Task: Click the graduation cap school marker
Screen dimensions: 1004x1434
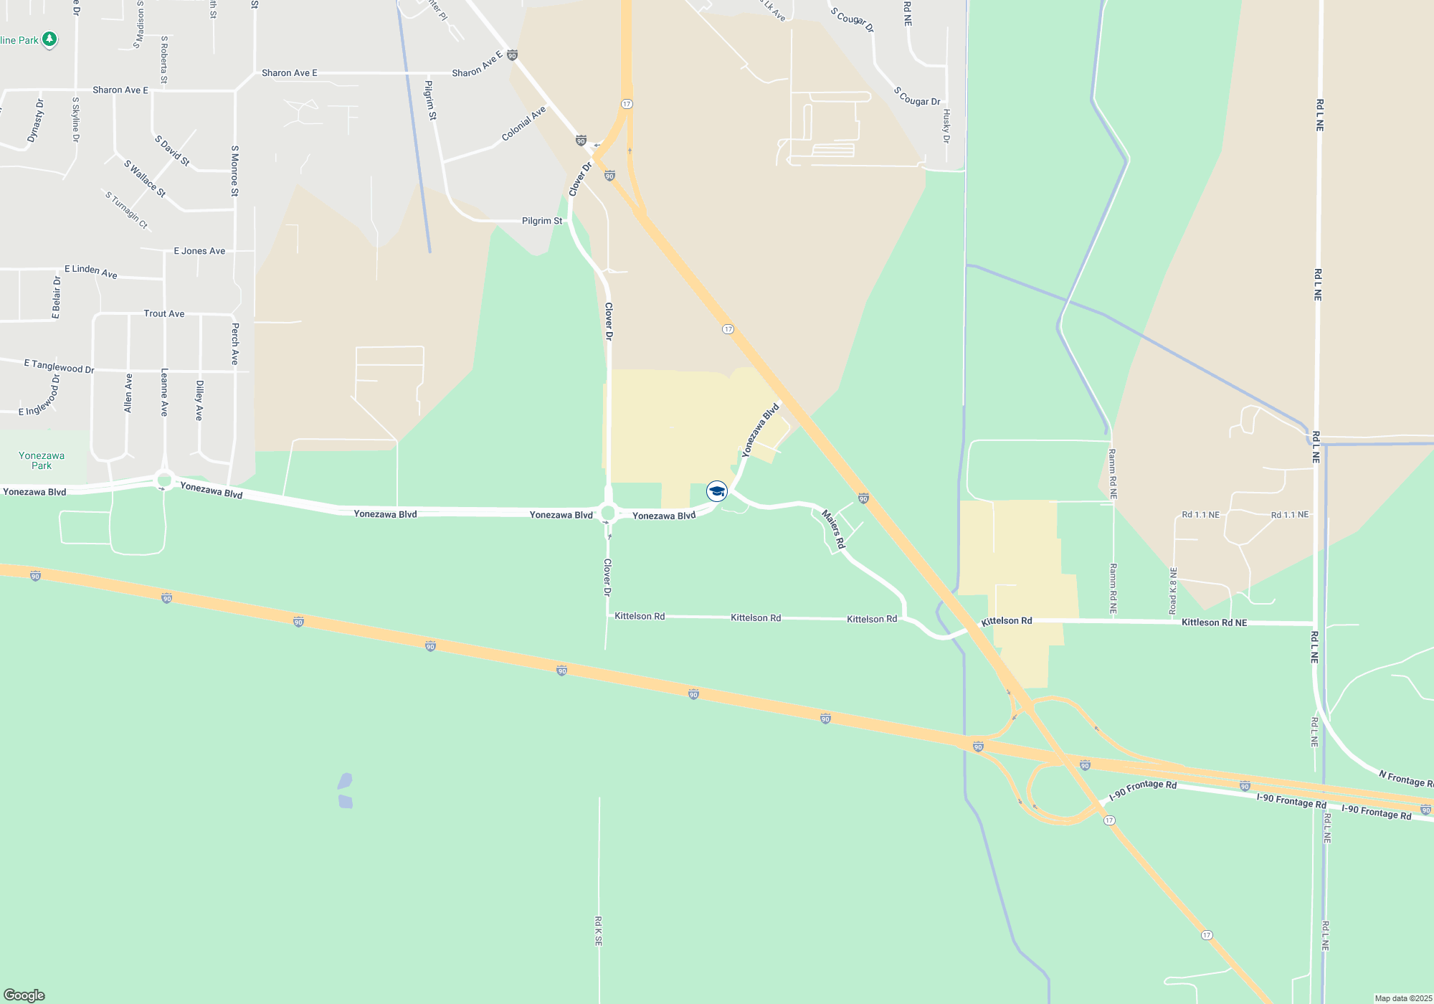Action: click(717, 491)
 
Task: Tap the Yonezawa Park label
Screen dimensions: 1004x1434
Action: click(42, 460)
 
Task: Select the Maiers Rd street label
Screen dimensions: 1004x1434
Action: click(833, 529)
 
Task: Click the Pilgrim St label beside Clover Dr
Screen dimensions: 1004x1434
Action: click(542, 221)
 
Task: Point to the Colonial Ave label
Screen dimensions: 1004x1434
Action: click(523, 123)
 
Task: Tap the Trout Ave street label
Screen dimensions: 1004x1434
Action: click(164, 313)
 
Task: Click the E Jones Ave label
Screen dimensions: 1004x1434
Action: click(199, 251)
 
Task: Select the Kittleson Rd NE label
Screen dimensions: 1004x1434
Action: click(1214, 622)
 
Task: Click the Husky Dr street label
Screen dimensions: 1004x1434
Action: click(946, 126)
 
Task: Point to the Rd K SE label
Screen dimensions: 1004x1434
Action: click(599, 931)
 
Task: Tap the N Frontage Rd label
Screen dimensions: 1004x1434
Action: click(1405, 778)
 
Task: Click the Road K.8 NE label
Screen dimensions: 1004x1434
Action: click(1173, 591)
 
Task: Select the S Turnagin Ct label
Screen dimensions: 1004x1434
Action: click(126, 210)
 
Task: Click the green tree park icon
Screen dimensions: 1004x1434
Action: click(49, 39)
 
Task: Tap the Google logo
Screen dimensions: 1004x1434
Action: click(24, 995)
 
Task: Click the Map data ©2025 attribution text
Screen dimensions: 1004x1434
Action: click(1403, 998)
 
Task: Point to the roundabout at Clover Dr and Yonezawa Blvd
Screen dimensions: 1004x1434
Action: click(609, 513)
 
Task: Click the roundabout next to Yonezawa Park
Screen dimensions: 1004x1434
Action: click(165, 480)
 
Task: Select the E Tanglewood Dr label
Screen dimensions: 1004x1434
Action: click(59, 366)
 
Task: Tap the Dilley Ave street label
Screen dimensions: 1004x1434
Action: click(200, 400)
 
